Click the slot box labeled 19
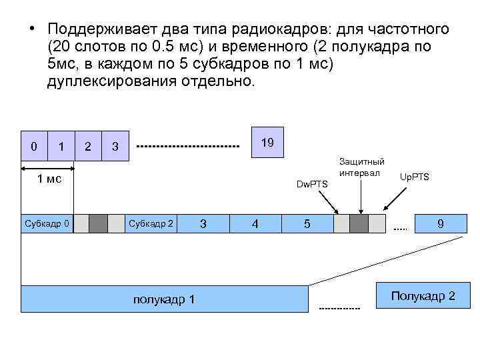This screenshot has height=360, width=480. pyautogui.click(x=267, y=143)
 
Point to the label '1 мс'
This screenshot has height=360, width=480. pyautogui.click(x=49, y=178)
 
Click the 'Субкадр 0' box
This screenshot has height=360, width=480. pyautogui.click(x=47, y=223)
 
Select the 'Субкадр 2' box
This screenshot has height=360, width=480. pyautogui.click(x=151, y=223)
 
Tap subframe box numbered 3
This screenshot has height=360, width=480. pyautogui.click(x=203, y=223)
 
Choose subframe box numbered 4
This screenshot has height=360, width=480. pyautogui.click(x=255, y=223)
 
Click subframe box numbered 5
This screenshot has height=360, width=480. pyautogui.click(x=307, y=223)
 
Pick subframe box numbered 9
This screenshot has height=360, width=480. pyautogui.click(x=440, y=223)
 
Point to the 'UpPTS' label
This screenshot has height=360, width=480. pyautogui.click(x=414, y=177)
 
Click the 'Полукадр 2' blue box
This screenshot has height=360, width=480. pyautogui.click(x=423, y=295)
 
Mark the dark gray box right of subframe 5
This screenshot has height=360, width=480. pyautogui.click(x=359, y=223)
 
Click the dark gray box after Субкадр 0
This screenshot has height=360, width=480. pyautogui.click(x=99, y=223)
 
